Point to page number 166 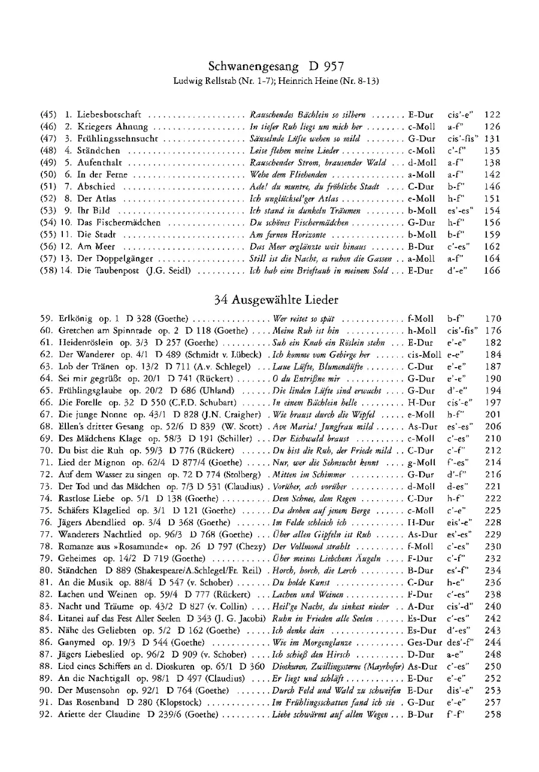492,271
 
